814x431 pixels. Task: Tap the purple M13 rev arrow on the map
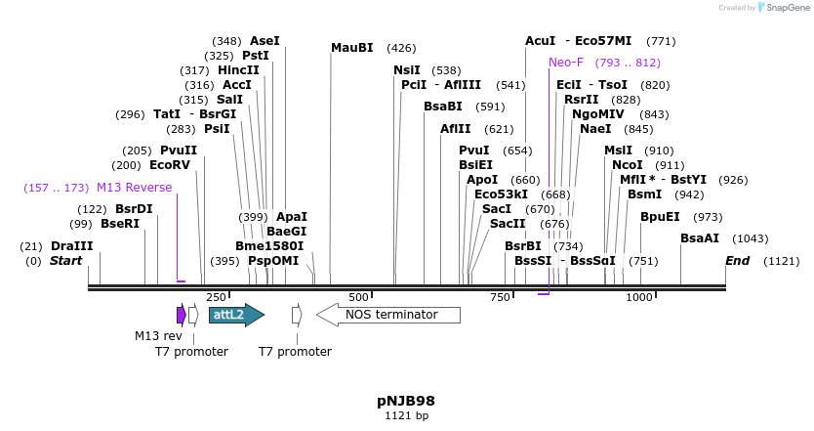click(x=181, y=315)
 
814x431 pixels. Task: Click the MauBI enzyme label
click(x=352, y=48)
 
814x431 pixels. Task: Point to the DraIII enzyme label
click(x=71, y=246)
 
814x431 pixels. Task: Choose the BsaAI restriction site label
click(x=700, y=238)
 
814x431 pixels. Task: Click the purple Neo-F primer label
click(x=566, y=63)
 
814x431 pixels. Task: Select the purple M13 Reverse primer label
click(x=134, y=188)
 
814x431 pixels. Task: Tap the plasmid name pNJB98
click(x=406, y=401)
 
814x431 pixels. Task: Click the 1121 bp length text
click(x=406, y=416)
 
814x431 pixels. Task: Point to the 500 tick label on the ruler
click(x=358, y=297)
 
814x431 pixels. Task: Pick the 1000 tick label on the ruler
click(x=638, y=297)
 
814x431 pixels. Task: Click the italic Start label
click(x=66, y=261)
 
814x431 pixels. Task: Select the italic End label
click(x=737, y=261)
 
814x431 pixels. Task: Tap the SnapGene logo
click(x=785, y=8)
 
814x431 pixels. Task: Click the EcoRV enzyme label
click(x=170, y=165)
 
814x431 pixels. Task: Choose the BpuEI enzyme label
click(x=660, y=217)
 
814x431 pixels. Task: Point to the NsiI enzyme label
click(x=407, y=70)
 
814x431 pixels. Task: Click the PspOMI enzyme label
click(x=273, y=261)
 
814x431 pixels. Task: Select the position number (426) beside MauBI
click(x=401, y=48)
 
